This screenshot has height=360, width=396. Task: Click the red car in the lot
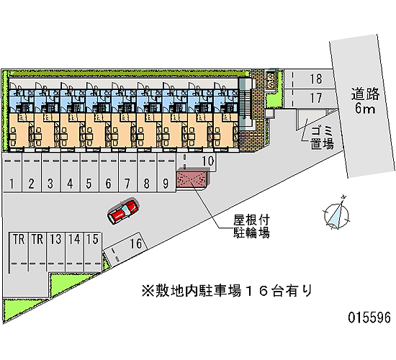123,212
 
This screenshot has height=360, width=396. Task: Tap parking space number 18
309,78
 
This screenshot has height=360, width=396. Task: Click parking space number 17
310,98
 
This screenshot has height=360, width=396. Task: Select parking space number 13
56,252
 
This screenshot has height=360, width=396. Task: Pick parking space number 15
93,252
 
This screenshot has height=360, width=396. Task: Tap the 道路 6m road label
365,101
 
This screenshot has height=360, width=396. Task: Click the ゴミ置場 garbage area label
323,138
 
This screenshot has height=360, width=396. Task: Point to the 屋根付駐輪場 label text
251,227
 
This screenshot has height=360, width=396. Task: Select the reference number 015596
369,318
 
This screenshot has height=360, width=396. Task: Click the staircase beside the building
243,104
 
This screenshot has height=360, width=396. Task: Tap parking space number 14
74,252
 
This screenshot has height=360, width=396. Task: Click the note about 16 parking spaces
227,291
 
